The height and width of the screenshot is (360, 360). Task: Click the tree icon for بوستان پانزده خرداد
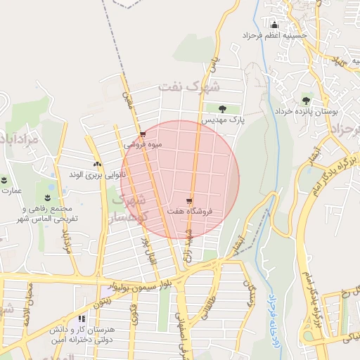[x=306, y=99]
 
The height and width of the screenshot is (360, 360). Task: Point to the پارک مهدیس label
[x=224, y=121]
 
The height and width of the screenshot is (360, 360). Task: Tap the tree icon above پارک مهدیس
[x=222, y=108]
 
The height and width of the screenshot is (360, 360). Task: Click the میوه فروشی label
[x=143, y=145]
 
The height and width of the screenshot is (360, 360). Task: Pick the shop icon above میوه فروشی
[x=143, y=133]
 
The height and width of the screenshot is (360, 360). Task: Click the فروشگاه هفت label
[x=191, y=211]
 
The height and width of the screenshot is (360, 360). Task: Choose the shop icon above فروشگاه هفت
[x=191, y=199]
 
